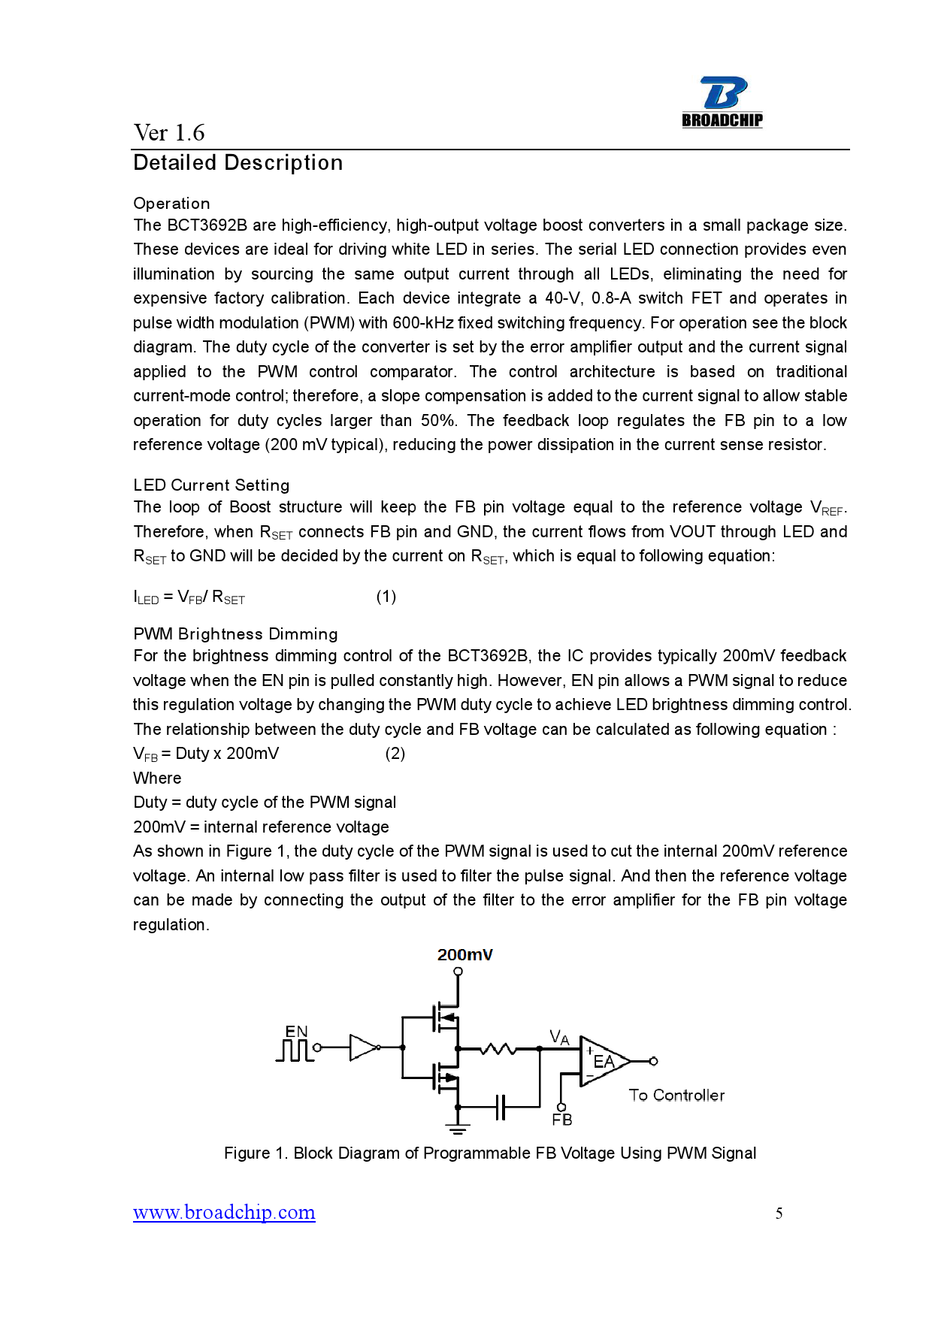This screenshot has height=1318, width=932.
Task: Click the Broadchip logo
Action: tap(722, 102)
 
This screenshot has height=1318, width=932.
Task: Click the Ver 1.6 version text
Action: tap(169, 133)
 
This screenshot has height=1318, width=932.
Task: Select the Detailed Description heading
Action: tap(238, 163)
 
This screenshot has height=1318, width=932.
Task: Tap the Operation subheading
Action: tap(171, 204)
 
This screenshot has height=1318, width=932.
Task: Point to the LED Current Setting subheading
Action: tap(211, 485)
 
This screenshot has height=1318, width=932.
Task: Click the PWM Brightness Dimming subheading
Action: tap(235, 634)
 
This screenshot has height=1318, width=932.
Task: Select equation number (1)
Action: tap(386, 597)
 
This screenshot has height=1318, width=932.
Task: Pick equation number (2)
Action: tap(395, 754)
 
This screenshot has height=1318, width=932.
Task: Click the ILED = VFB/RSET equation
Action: tap(189, 597)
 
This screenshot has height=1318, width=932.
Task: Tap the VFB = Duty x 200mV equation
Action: tap(206, 754)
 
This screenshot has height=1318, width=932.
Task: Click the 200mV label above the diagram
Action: tap(464, 955)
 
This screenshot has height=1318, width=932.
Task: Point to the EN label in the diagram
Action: tap(296, 1032)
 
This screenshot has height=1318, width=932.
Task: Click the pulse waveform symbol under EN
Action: tap(294, 1050)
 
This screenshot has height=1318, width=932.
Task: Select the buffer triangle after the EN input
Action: tap(364, 1047)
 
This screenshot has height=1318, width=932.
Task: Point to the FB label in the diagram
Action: tap(561, 1120)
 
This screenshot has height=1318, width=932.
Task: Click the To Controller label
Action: tap(676, 1096)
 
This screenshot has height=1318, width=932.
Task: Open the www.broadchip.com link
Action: tap(224, 1213)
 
